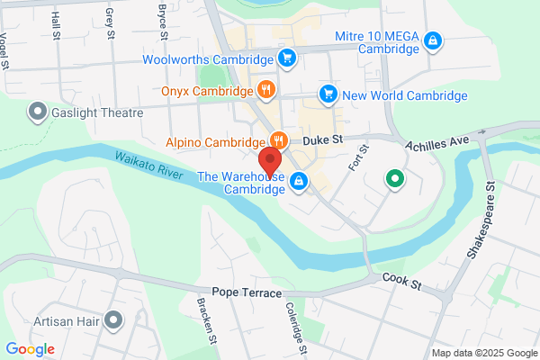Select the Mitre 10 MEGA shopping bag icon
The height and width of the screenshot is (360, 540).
pos(433,40)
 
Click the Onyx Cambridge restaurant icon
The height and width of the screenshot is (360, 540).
pos(265,91)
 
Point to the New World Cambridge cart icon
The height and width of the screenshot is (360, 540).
pos(328,94)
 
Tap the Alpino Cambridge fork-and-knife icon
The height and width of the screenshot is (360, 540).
pos(279,140)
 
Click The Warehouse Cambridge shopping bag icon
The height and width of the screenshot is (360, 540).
pos(298,182)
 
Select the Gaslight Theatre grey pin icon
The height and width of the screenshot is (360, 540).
pos(38,112)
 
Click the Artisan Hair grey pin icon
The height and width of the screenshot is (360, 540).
pos(112,319)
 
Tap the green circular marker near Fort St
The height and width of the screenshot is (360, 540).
pos(393,179)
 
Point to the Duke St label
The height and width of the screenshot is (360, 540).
pos(324,140)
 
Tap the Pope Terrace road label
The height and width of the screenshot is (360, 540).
pos(247,293)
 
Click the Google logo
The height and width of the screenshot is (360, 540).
pos(30,349)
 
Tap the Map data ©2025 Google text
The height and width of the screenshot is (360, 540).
pos(482,352)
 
